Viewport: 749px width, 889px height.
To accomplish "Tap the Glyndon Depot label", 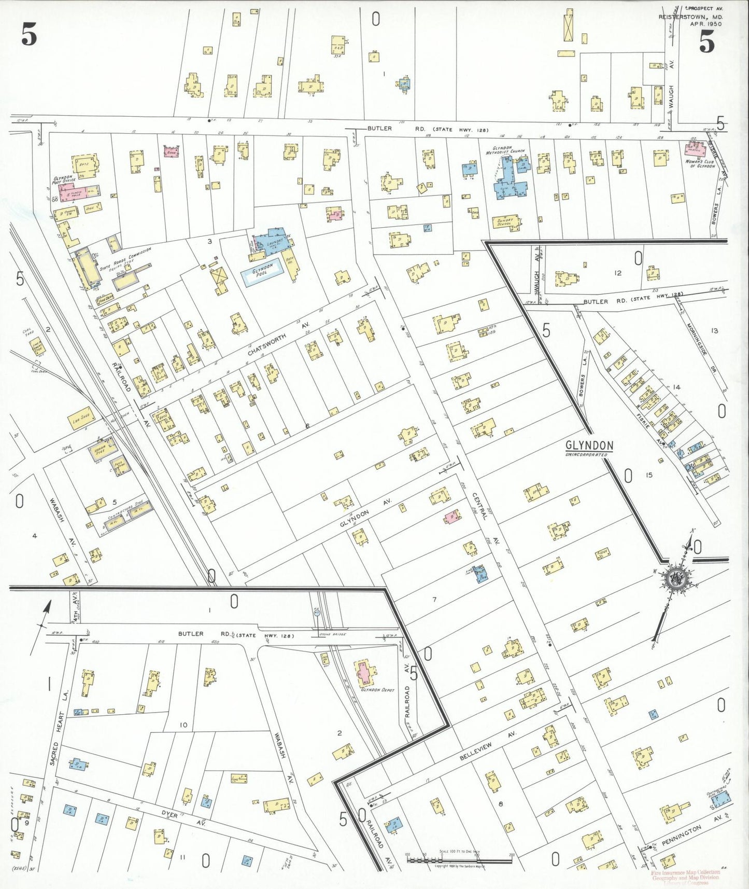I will click(x=378, y=690).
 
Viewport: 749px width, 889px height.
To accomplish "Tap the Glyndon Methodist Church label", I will click(x=505, y=150).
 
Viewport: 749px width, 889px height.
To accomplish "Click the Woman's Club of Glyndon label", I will click(x=700, y=164).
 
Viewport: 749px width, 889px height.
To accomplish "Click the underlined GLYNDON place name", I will click(x=589, y=446).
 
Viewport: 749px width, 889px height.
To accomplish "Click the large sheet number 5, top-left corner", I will click(x=29, y=35).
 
